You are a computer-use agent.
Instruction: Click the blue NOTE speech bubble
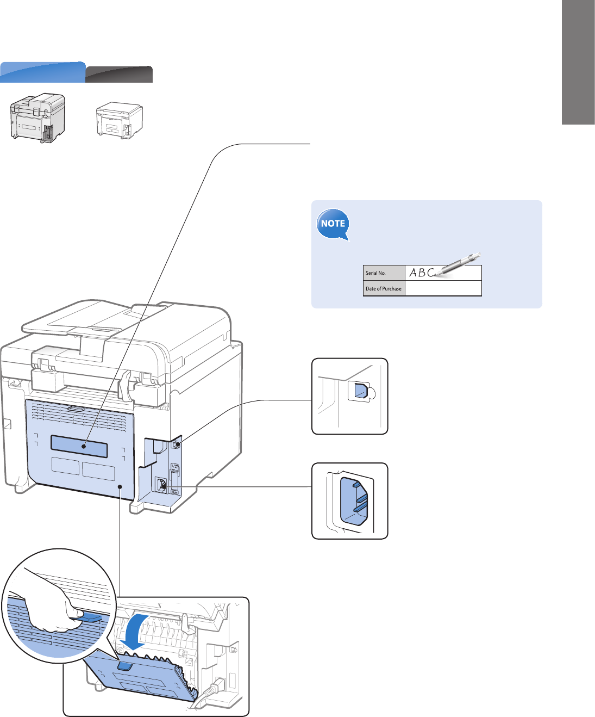[333, 224]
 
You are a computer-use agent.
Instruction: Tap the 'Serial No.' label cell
[384, 273]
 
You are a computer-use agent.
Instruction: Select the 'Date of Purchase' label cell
[384, 288]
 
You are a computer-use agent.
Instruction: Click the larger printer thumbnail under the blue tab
[37, 118]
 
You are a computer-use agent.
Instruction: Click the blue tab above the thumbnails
[42, 72]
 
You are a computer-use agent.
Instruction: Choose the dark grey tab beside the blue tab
[119, 75]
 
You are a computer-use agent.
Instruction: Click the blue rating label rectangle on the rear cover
[79, 446]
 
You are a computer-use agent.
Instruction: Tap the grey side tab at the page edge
[578, 63]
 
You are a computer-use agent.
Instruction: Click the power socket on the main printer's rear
[161, 485]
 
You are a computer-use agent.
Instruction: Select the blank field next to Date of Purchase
[443, 288]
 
